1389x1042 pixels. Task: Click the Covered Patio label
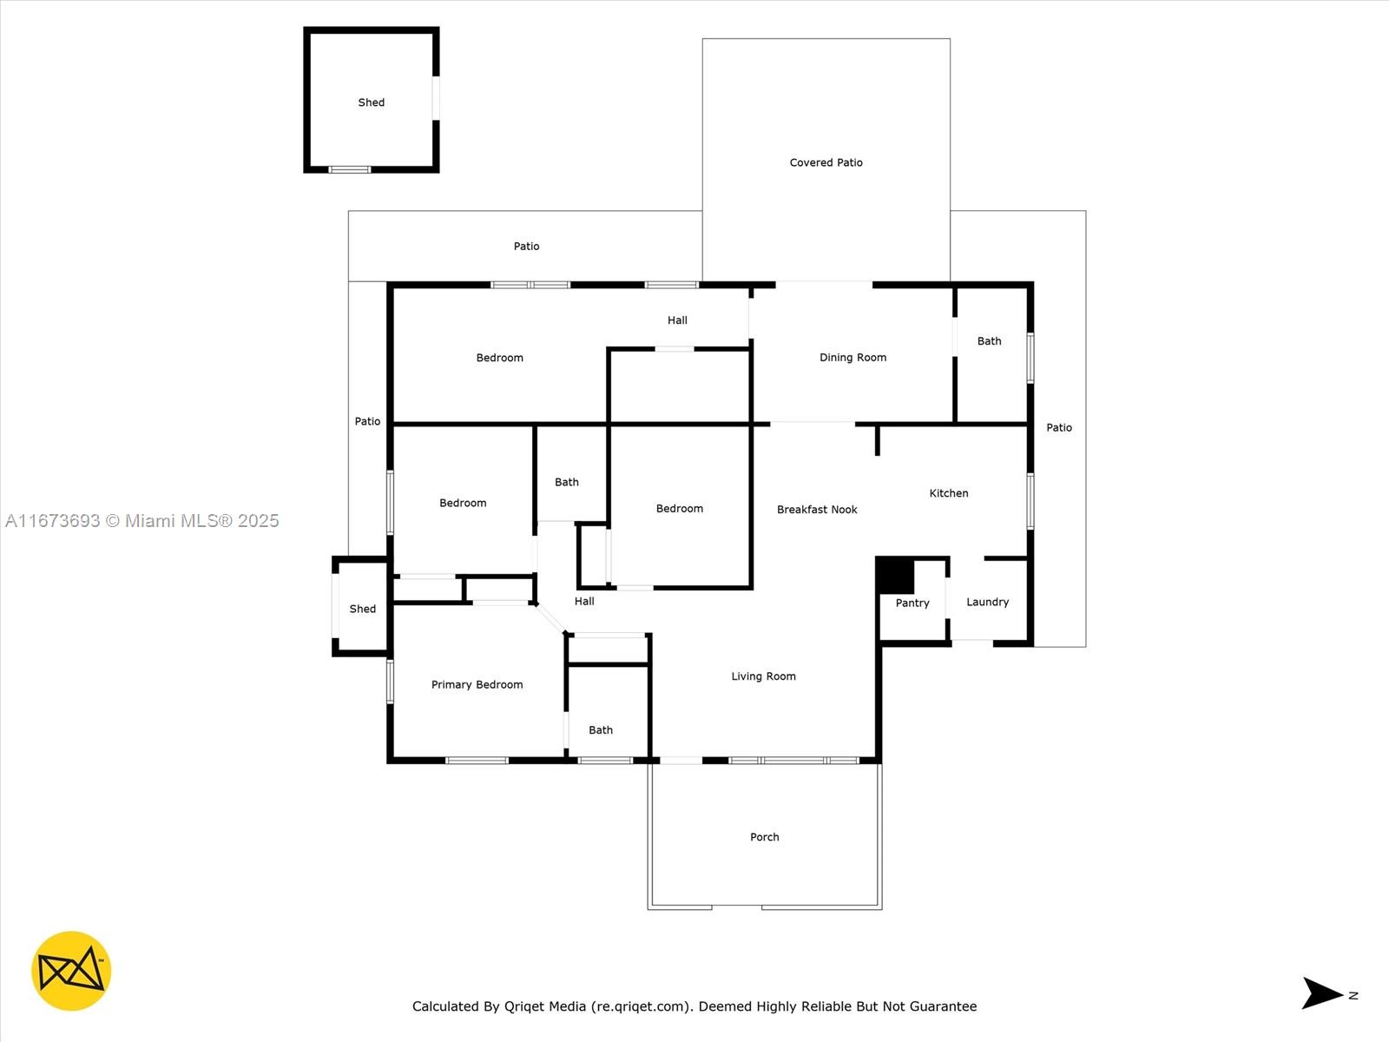pyautogui.click(x=826, y=162)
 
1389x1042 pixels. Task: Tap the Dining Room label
pyautogui.click(x=852, y=358)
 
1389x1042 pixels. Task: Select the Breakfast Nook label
pyautogui.click(x=817, y=510)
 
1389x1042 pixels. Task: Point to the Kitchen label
pyautogui.click(x=949, y=493)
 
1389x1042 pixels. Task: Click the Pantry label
pyautogui.click(x=912, y=603)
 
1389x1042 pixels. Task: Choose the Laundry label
pyautogui.click(x=987, y=602)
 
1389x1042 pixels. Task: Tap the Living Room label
pyautogui.click(x=763, y=676)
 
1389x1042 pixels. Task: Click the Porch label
pyautogui.click(x=765, y=837)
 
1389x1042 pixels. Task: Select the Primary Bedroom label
pyautogui.click(x=477, y=684)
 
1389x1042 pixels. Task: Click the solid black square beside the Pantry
pyautogui.click(x=895, y=575)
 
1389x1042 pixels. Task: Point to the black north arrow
pyautogui.click(x=1321, y=993)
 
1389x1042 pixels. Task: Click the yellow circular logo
pyautogui.click(x=71, y=971)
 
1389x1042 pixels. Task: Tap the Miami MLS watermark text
pyautogui.click(x=142, y=521)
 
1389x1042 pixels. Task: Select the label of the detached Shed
pyautogui.click(x=371, y=102)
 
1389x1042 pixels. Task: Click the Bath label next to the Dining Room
pyautogui.click(x=989, y=341)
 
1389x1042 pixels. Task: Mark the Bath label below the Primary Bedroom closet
pyautogui.click(x=601, y=730)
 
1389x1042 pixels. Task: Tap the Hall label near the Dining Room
pyautogui.click(x=677, y=320)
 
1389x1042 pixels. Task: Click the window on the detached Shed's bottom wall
pyautogui.click(x=350, y=169)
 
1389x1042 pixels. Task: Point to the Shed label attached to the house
pyautogui.click(x=363, y=609)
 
